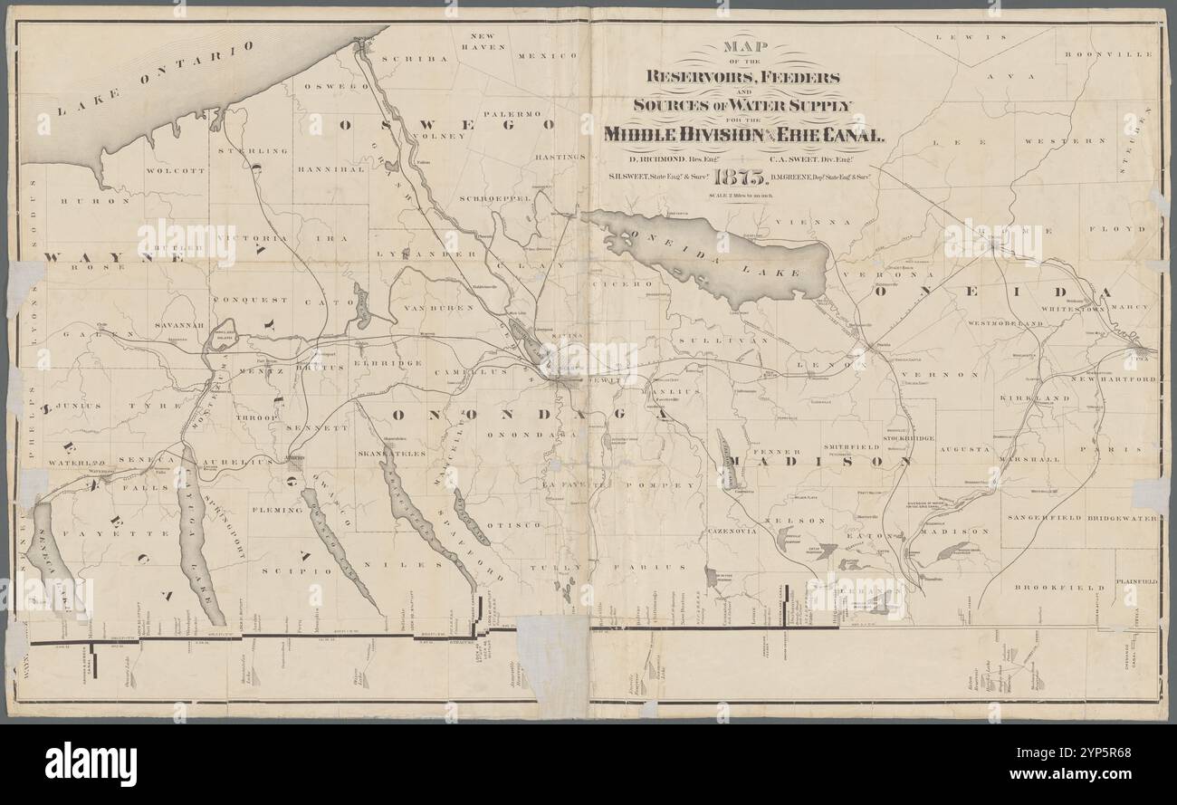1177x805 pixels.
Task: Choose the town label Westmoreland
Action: click(1005, 322)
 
